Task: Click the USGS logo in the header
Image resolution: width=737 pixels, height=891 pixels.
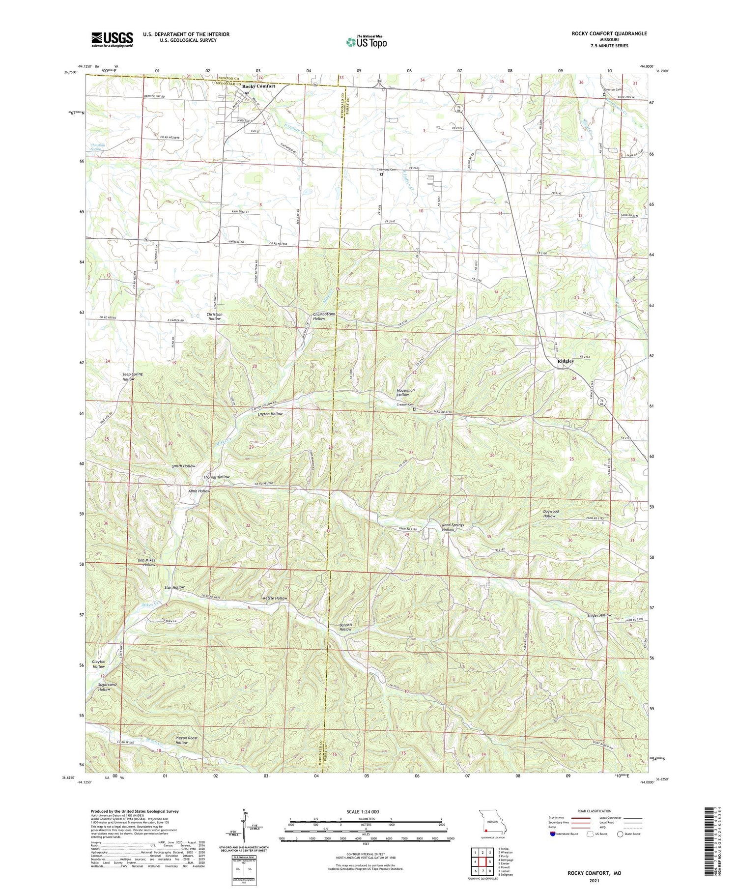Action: click(112, 39)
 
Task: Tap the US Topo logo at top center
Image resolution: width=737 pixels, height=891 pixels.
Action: click(366, 42)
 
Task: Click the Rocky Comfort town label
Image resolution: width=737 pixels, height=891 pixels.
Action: click(258, 86)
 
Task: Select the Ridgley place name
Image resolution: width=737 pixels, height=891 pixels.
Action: click(566, 361)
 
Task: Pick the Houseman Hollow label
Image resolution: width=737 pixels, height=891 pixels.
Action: click(406, 392)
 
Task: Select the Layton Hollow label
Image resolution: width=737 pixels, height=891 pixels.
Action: click(270, 414)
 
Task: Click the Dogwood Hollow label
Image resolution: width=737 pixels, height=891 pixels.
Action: click(549, 514)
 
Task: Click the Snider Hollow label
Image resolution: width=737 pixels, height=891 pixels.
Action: click(599, 615)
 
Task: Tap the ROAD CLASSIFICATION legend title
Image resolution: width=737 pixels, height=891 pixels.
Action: click(595, 811)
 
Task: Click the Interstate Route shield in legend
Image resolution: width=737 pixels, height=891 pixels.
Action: click(553, 834)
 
